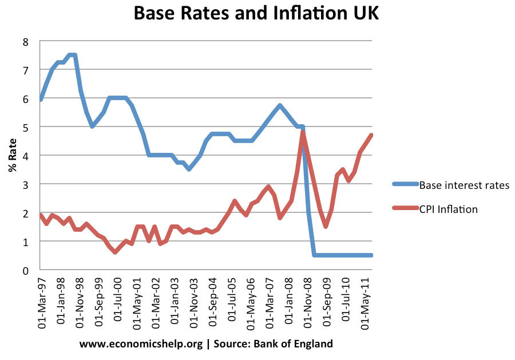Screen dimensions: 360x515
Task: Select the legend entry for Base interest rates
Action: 463,185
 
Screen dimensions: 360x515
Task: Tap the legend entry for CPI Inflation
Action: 448,209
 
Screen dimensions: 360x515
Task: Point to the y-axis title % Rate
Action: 12,155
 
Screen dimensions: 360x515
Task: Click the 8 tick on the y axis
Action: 26,41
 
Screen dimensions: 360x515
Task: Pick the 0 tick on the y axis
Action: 26,270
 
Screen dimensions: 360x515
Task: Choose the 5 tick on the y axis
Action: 26,127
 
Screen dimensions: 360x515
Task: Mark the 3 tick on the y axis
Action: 26,184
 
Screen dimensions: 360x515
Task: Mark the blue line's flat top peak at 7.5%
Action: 72,56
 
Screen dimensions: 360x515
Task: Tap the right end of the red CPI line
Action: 371,135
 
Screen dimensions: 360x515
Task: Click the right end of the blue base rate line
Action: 371,255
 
